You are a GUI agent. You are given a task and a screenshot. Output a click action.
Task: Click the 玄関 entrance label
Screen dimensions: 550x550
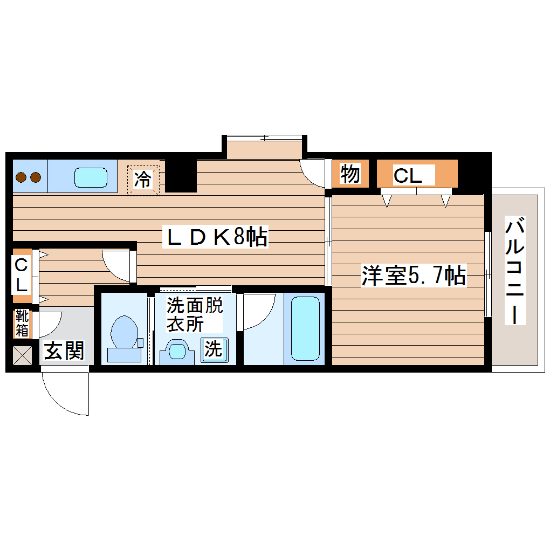(x=64, y=351)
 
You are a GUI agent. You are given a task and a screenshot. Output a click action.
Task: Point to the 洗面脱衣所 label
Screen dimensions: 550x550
(x=194, y=314)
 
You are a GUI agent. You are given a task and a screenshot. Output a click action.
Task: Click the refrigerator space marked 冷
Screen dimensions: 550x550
(x=143, y=179)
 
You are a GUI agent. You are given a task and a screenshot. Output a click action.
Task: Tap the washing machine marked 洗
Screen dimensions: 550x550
(x=213, y=349)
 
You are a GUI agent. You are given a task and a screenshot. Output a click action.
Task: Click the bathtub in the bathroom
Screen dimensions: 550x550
(x=305, y=329)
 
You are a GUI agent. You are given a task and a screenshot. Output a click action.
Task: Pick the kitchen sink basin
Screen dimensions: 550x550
(x=91, y=177)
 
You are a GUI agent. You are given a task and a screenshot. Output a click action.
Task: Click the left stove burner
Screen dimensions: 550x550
(x=22, y=176)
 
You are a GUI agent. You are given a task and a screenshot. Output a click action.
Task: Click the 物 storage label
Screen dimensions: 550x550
(x=350, y=174)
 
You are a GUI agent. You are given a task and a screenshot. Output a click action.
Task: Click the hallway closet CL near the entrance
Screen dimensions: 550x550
(x=22, y=274)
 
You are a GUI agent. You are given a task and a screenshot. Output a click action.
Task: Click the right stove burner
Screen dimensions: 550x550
(x=35, y=176)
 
